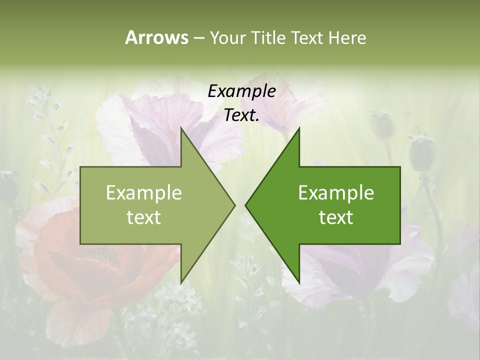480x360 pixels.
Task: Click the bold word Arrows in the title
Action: click(x=156, y=37)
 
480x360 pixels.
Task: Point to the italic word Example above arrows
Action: click(x=242, y=91)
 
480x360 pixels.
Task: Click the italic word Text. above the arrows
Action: click(x=242, y=115)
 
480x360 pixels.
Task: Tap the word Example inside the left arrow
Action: click(x=144, y=193)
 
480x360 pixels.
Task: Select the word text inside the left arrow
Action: click(x=144, y=217)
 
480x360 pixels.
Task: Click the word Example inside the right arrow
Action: click(x=336, y=193)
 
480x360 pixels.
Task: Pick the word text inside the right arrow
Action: click(x=336, y=217)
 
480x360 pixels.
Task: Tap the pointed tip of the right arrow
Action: click(x=246, y=205)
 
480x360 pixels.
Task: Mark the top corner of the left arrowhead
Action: click(x=181, y=129)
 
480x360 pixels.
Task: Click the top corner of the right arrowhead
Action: click(x=299, y=129)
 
